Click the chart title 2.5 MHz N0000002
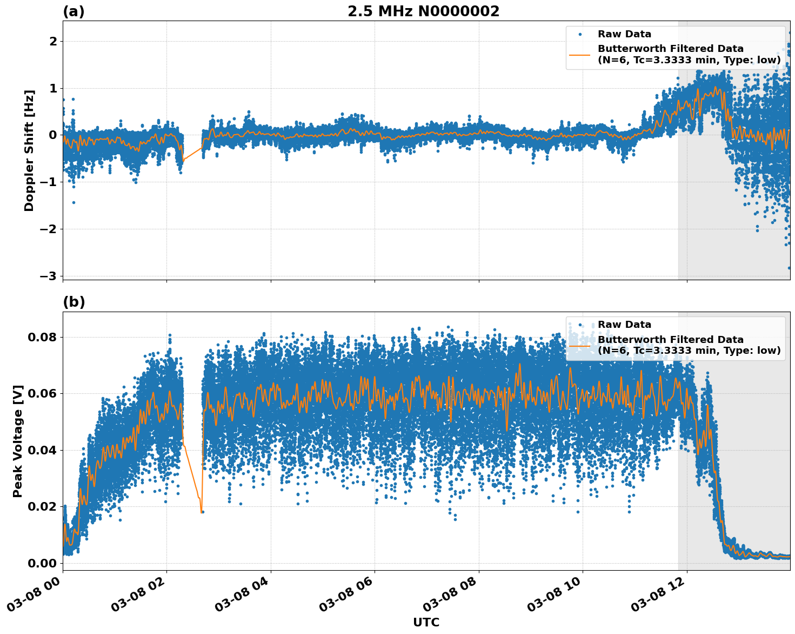coord(423,11)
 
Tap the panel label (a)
coord(74,11)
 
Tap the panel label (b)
coord(74,302)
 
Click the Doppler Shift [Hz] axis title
coord(29,150)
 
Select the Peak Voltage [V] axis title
coord(18,441)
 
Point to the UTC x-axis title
coord(426,622)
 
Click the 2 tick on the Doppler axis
coord(53,42)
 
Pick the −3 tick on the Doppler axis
coord(49,276)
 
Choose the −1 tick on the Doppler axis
coord(49,182)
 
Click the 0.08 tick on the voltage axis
coord(42,338)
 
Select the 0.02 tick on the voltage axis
coord(42,507)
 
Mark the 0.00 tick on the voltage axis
coord(42,563)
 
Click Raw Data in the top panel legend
coord(624,34)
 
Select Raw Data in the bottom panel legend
coord(624,325)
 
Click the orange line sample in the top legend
coord(580,54)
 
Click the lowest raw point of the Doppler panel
coord(789,268)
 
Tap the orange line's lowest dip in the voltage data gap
coord(201,511)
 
